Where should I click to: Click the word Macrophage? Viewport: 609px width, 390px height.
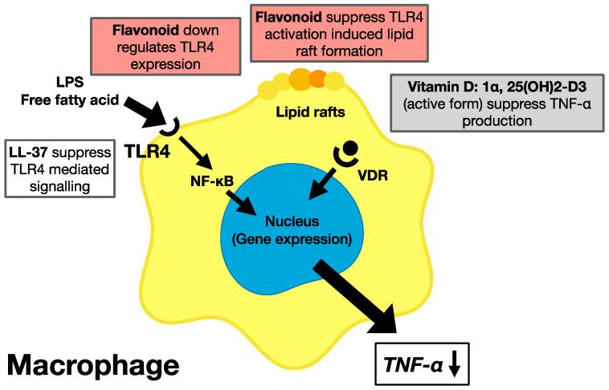click(x=93, y=365)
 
